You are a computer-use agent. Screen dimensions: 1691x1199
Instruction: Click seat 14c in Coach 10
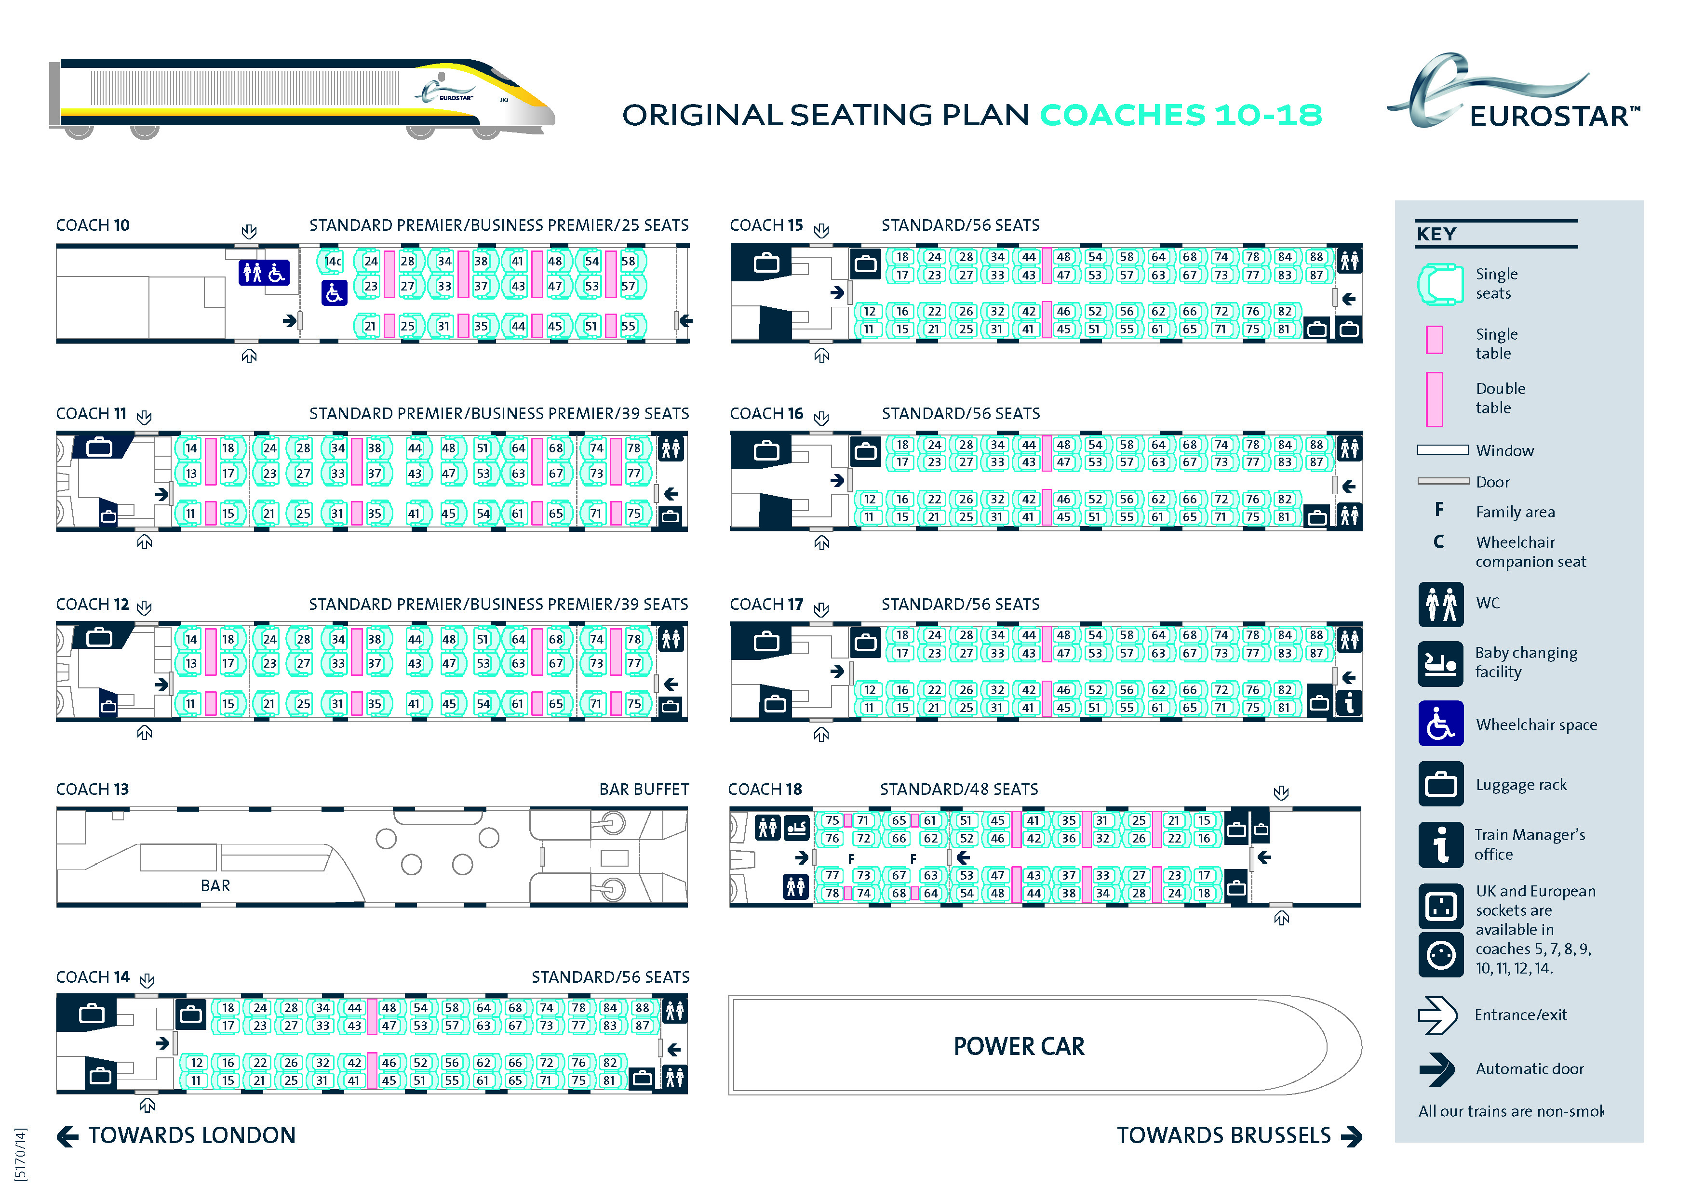[333, 262]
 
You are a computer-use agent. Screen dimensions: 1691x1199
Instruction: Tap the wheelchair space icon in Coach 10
[334, 293]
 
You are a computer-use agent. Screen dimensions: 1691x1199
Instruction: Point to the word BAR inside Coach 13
[215, 885]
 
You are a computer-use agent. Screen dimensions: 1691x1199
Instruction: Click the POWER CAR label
[1019, 1046]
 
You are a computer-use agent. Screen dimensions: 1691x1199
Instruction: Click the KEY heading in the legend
[1436, 234]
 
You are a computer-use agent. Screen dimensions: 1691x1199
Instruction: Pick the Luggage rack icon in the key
[1440, 784]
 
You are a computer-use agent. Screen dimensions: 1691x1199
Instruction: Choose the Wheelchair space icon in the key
[1440, 724]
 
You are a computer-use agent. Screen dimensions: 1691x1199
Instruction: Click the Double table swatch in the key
[1434, 399]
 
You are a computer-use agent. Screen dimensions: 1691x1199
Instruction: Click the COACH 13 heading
[93, 789]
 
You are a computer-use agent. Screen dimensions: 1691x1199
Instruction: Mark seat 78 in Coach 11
[634, 448]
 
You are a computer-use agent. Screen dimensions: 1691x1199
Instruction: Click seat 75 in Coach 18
[832, 820]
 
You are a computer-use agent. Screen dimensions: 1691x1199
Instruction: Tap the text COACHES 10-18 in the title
[1181, 115]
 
